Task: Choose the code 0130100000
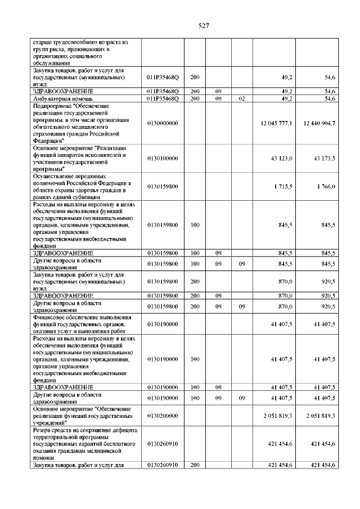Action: [x=163, y=159]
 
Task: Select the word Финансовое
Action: [x=49, y=317]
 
